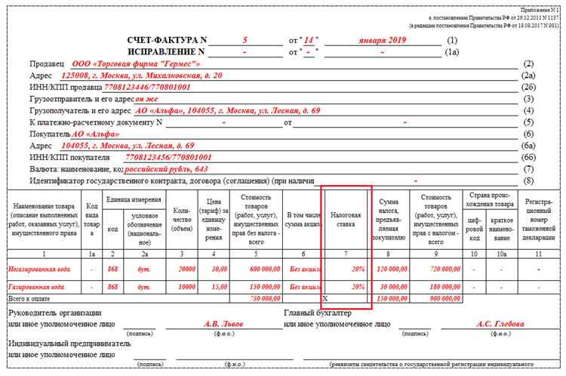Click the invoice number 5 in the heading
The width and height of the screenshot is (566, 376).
coord(245,39)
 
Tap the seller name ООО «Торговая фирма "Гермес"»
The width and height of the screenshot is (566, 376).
coord(136,64)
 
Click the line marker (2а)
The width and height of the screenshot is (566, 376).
coord(528,76)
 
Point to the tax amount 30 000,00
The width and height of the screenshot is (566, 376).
coord(392,288)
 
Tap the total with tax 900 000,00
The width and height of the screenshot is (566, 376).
coord(435,298)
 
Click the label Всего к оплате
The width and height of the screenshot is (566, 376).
coord(29,298)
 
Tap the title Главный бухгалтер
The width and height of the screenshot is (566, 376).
coord(321,313)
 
